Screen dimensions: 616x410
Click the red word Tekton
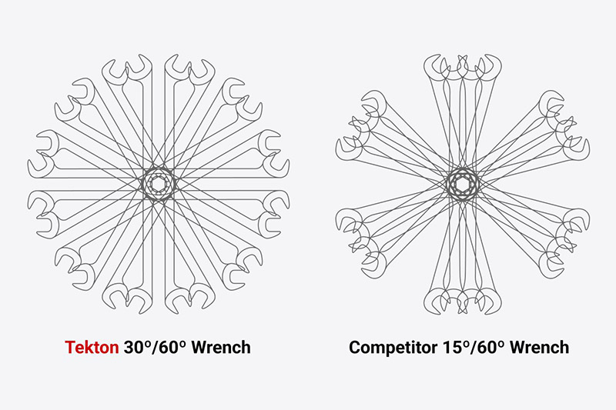coord(92,347)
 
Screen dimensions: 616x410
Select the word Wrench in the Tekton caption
coord(221,347)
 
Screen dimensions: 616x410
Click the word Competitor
coord(393,347)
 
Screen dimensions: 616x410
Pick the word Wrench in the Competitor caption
coord(540,347)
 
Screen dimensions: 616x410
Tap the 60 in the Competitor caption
coord(487,347)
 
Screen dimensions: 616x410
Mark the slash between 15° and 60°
coord(473,347)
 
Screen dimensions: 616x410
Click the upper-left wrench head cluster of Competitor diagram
coord(360,125)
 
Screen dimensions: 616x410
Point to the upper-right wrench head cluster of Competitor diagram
coord(564,125)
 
